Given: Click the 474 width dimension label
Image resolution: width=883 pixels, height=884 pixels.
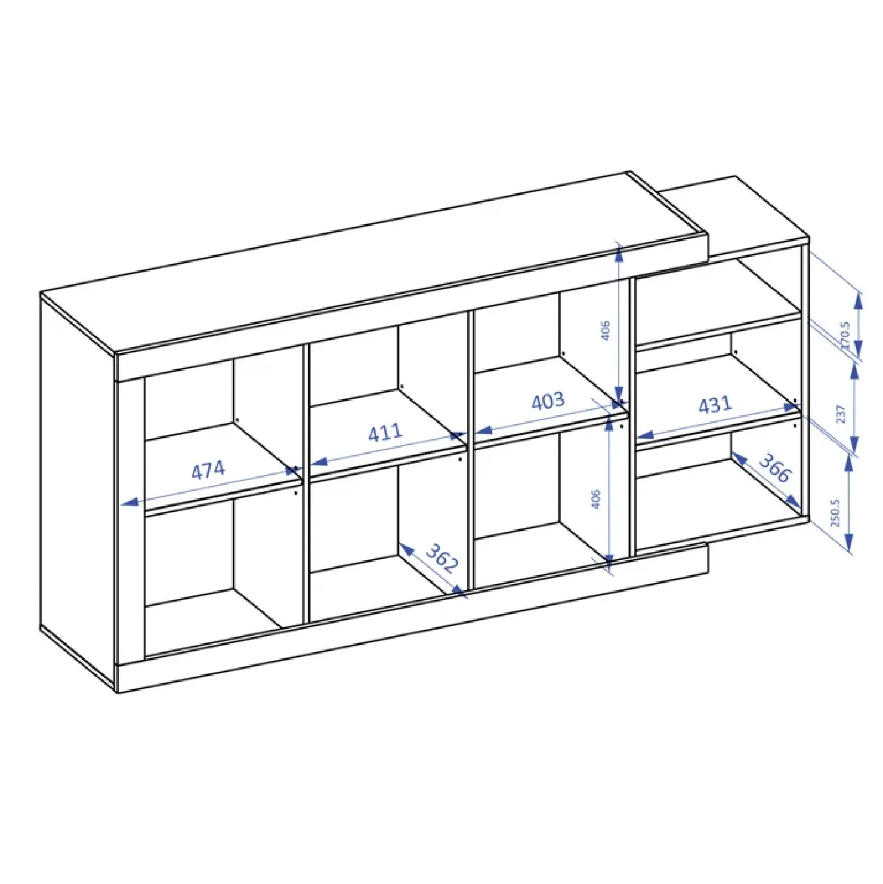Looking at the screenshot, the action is tap(208, 470).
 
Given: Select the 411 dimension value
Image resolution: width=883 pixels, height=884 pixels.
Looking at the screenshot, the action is tap(385, 432).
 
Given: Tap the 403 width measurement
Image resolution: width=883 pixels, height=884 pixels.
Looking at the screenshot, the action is tap(548, 401).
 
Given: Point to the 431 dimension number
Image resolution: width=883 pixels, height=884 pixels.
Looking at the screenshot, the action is tap(715, 405).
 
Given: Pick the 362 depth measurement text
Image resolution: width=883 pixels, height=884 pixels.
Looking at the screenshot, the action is tap(442, 558).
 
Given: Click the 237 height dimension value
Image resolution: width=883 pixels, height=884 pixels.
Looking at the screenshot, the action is tap(841, 414).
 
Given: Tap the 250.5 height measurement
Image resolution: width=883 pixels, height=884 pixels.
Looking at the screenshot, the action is tap(835, 513).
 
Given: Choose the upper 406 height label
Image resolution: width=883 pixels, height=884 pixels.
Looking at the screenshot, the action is tap(605, 330).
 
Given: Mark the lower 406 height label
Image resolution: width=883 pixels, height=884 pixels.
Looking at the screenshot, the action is tap(595, 499).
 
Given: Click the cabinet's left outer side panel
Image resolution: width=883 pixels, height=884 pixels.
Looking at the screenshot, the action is tap(78, 489).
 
